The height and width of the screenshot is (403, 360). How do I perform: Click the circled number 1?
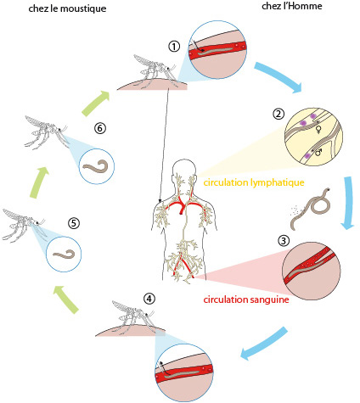coord(174,46)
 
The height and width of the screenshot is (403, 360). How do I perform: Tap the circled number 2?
coord(278,114)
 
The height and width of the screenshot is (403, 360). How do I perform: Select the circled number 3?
coord(284,241)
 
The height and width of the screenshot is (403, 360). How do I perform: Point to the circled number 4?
coord(149,299)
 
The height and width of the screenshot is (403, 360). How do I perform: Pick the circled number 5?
coord(74,223)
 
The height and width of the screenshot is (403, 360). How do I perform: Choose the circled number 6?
coord(100,128)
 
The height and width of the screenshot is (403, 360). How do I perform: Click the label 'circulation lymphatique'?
coord(254,182)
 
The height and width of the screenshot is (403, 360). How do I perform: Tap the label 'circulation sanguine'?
coord(246,299)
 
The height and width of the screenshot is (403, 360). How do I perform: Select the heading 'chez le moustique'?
coord(67,8)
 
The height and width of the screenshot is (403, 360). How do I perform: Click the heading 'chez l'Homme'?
coord(292,6)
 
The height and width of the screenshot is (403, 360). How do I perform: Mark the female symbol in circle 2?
coord(318,130)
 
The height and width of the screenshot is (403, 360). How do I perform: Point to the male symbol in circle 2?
coord(318,153)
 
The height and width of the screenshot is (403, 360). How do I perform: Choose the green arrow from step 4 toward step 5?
coord(67,300)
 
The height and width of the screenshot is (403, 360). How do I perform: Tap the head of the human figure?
coord(184,169)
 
